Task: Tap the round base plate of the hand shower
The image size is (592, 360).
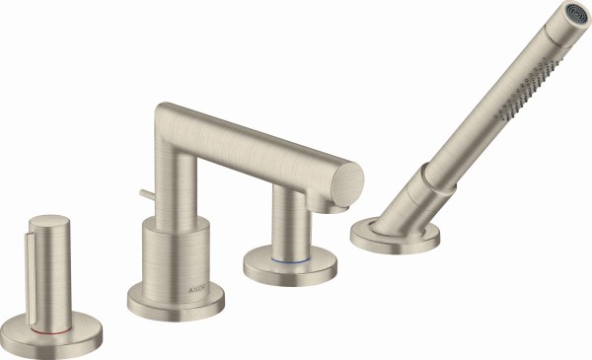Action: coord(395,238)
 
